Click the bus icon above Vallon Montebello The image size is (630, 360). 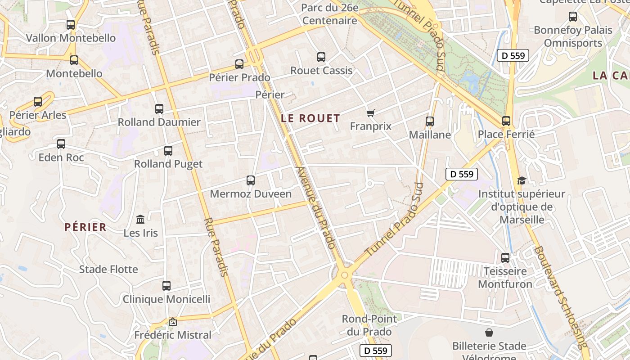71,25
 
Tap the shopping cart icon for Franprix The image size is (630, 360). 370,113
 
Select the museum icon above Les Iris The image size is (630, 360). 140,220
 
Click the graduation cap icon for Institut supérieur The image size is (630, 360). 522,180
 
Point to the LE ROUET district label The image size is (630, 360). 310,118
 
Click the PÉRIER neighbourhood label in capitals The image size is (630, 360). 85,227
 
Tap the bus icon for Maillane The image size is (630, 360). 430,121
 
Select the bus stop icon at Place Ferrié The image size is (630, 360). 506,121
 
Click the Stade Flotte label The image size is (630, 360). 108,269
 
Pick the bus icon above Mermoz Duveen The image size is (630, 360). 251,180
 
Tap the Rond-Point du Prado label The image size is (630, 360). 369,325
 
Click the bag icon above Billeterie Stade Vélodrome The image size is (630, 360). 489,333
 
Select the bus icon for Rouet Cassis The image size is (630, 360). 321,57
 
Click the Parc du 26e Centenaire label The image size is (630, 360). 330,14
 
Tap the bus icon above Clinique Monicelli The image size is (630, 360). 166,286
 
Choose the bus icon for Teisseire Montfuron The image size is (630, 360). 505,258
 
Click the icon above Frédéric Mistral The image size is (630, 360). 172,322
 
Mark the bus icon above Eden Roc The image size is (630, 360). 61,144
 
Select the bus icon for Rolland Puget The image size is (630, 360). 168,151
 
